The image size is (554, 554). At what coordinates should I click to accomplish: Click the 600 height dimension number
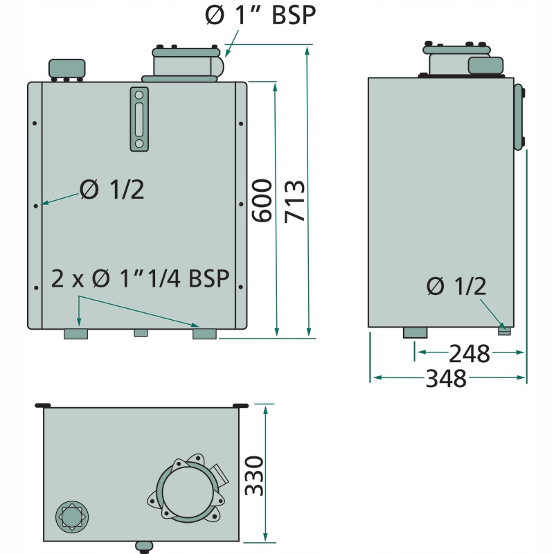[262, 201]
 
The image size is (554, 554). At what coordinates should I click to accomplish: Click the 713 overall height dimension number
[295, 201]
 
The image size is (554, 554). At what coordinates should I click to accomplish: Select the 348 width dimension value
[447, 379]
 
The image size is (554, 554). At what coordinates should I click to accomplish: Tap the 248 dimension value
[469, 355]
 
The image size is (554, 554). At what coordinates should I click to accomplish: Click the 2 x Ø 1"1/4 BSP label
[141, 279]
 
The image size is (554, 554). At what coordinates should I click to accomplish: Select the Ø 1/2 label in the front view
[112, 189]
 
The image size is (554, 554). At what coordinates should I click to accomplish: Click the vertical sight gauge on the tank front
[139, 119]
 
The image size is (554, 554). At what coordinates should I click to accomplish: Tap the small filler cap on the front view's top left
[66, 69]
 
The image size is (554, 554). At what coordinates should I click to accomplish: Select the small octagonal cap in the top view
[71, 516]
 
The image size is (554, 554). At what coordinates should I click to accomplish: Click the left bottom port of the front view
[76, 334]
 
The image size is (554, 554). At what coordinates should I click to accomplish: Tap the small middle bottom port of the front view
[141, 333]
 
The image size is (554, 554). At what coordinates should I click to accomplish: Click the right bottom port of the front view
[204, 334]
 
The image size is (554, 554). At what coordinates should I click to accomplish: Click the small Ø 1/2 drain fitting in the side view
[504, 330]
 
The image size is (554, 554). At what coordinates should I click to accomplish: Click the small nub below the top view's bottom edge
[144, 546]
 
